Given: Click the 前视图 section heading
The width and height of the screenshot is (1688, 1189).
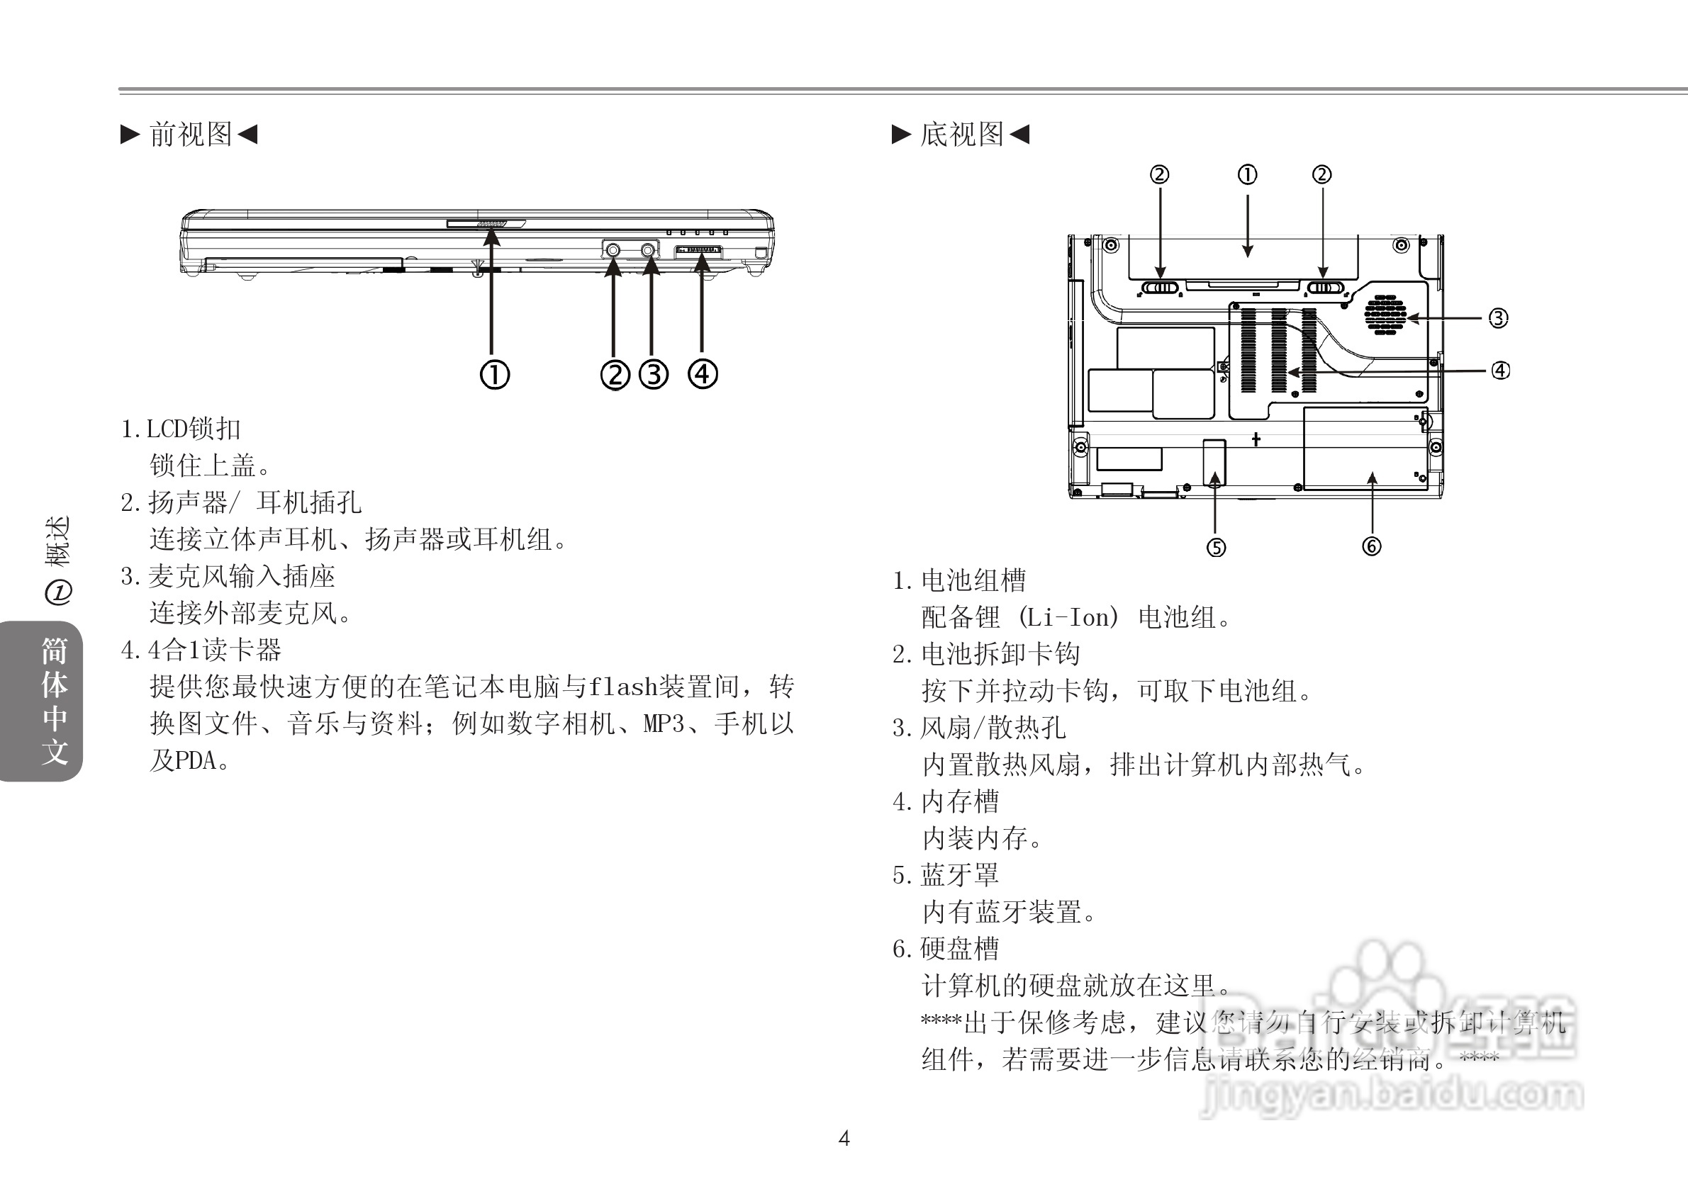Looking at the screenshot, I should pyautogui.click(x=191, y=135).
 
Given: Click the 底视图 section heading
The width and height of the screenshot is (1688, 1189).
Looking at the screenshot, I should pyautogui.click(x=961, y=135).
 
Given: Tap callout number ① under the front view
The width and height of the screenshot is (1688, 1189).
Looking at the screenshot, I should pyautogui.click(x=495, y=375).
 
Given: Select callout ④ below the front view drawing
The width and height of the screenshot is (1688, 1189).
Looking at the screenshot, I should pyautogui.click(x=703, y=374).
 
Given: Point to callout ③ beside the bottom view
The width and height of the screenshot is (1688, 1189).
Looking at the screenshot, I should pyautogui.click(x=1498, y=318).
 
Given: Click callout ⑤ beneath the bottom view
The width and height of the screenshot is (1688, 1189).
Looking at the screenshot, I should pyautogui.click(x=1216, y=548).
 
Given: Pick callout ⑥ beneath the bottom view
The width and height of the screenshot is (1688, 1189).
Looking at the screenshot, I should pyautogui.click(x=1371, y=546).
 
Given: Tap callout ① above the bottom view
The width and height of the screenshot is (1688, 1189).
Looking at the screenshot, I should pyautogui.click(x=1248, y=175).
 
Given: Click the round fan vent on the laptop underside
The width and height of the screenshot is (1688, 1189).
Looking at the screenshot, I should pyautogui.click(x=1385, y=315).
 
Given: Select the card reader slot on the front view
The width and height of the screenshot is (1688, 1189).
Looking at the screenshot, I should pyautogui.click(x=698, y=252).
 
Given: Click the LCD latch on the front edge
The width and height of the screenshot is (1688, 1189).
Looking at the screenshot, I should pyautogui.click(x=486, y=222).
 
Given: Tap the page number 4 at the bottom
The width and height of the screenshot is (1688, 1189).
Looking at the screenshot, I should pyautogui.click(x=844, y=1138).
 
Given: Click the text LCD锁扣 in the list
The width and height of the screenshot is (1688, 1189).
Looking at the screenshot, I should pyautogui.click(x=193, y=429).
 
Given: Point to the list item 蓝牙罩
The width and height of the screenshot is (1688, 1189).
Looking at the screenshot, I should pyautogui.click(x=959, y=875).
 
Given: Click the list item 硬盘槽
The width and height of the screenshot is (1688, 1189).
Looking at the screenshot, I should pyautogui.click(x=959, y=949).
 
